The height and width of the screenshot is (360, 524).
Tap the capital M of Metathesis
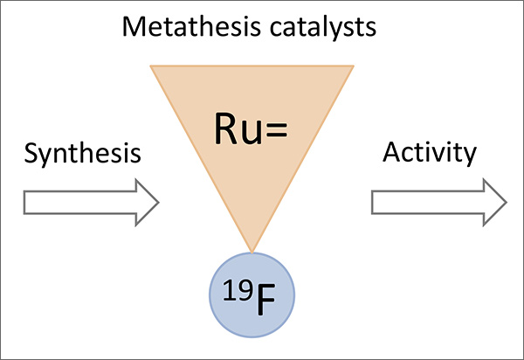(134, 29)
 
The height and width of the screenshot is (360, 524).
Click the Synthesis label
(82, 155)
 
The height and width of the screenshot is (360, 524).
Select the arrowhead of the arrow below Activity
(493, 203)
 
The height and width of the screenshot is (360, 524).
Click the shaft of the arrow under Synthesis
(74, 204)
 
